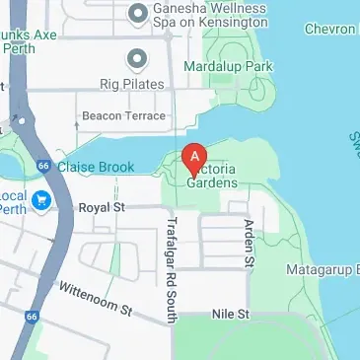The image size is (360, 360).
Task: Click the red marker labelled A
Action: pos(195,157)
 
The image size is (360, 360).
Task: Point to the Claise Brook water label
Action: pos(96,168)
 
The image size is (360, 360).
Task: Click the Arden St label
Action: pos(249,245)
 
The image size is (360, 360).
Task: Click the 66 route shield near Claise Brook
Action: pos(43,167)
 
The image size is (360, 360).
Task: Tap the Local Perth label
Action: pos(14,201)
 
